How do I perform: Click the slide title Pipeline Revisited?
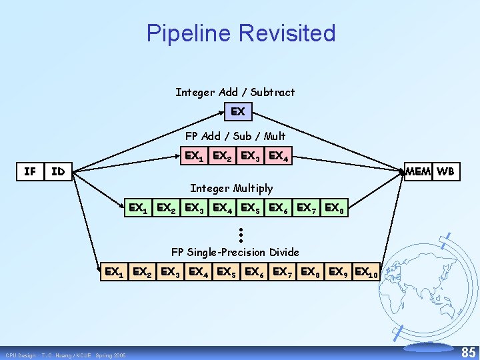[241, 33]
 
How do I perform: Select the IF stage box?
[31, 171]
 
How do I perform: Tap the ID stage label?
[59, 172]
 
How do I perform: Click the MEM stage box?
[418, 171]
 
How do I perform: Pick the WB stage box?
[446, 171]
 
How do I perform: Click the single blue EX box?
[238, 111]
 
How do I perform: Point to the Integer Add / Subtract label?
[235, 92]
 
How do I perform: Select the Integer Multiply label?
[231, 189]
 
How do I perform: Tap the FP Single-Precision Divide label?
[235, 252]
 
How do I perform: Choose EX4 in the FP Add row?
[279, 157]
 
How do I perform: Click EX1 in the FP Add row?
[195, 157]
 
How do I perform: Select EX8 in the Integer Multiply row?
[335, 208]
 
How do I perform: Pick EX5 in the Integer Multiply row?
[251, 208]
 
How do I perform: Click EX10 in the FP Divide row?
[367, 272]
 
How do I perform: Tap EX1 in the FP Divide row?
[114, 272]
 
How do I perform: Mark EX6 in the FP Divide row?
[255, 272]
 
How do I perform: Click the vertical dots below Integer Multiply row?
[239, 234]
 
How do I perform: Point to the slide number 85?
[469, 351]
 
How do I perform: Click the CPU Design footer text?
[20, 355]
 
